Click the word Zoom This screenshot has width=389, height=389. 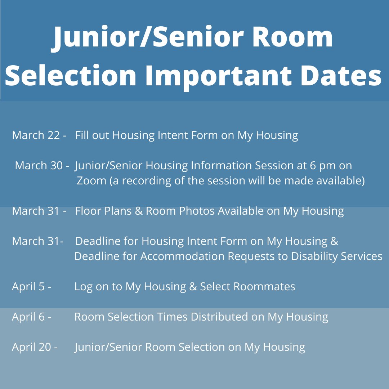point(91,181)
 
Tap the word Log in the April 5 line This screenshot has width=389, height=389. point(84,287)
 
